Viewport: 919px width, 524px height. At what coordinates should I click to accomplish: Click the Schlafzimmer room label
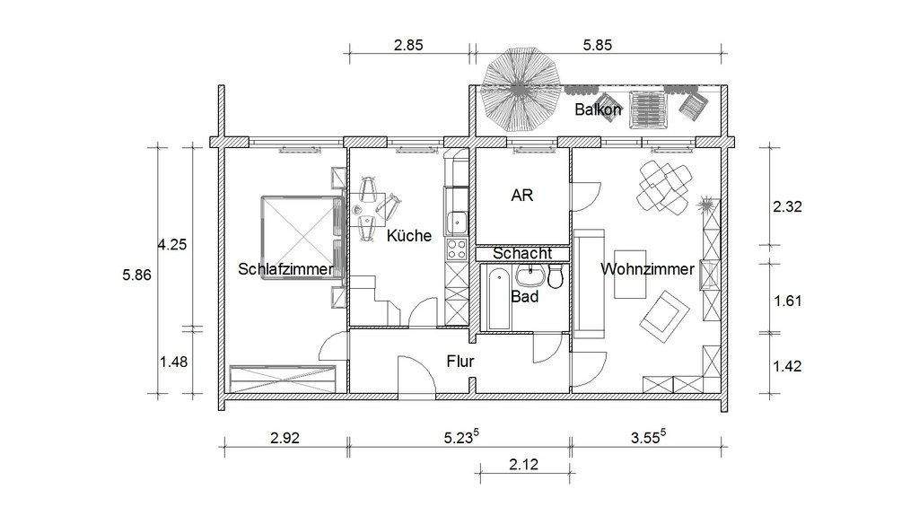[x=285, y=268]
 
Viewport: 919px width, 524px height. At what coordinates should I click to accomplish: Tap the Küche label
[x=409, y=236]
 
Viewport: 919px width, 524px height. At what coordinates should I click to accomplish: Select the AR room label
[x=521, y=195]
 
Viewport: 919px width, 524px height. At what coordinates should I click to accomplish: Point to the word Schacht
[x=521, y=254]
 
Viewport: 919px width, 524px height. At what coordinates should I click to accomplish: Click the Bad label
[x=524, y=295]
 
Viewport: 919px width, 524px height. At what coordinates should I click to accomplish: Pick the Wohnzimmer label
[x=647, y=268]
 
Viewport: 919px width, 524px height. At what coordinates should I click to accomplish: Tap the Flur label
[x=459, y=362]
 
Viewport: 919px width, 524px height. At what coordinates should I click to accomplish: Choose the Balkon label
[x=598, y=109]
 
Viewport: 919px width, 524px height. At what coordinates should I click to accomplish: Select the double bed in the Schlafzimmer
[x=296, y=238]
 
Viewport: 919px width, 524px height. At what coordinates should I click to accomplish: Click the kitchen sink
[x=457, y=219]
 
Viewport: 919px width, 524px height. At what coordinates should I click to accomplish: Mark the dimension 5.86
[x=137, y=275]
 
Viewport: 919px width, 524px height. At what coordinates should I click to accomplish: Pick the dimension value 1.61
[x=787, y=300]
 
